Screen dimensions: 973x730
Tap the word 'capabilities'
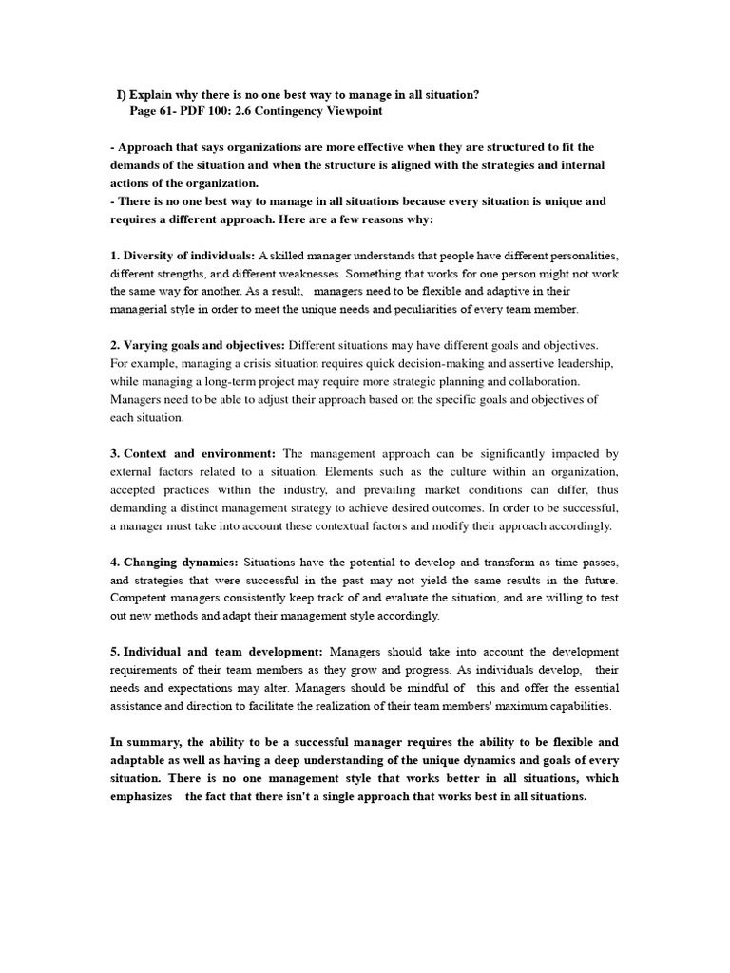[x=574, y=706]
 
